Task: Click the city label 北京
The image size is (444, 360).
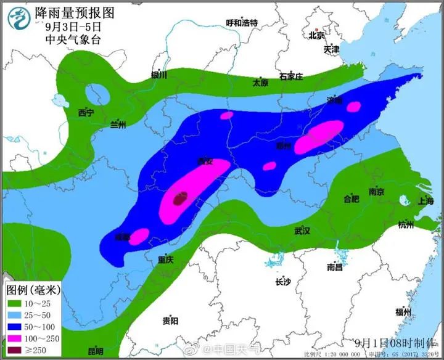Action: [x=316, y=35]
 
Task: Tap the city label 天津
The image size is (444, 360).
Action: [x=331, y=49]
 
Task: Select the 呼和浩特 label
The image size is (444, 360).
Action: [x=242, y=23]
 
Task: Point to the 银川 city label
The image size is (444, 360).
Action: [x=159, y=75]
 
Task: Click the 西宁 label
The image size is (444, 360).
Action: [x=86, y=113]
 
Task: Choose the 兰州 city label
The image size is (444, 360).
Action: [x=117, y=125]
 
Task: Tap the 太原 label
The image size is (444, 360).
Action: [x=260, y=83]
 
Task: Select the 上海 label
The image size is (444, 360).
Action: [x=425, y=201]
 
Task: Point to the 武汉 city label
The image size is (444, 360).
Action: [x=302, y=231]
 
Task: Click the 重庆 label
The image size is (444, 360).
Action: [x=165, y=260]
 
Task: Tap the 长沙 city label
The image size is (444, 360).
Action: [x=282, y=281]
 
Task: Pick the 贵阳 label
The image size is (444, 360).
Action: [x=170, y=321]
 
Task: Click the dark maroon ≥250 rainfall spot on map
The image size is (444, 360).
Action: [x=179, y=198]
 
